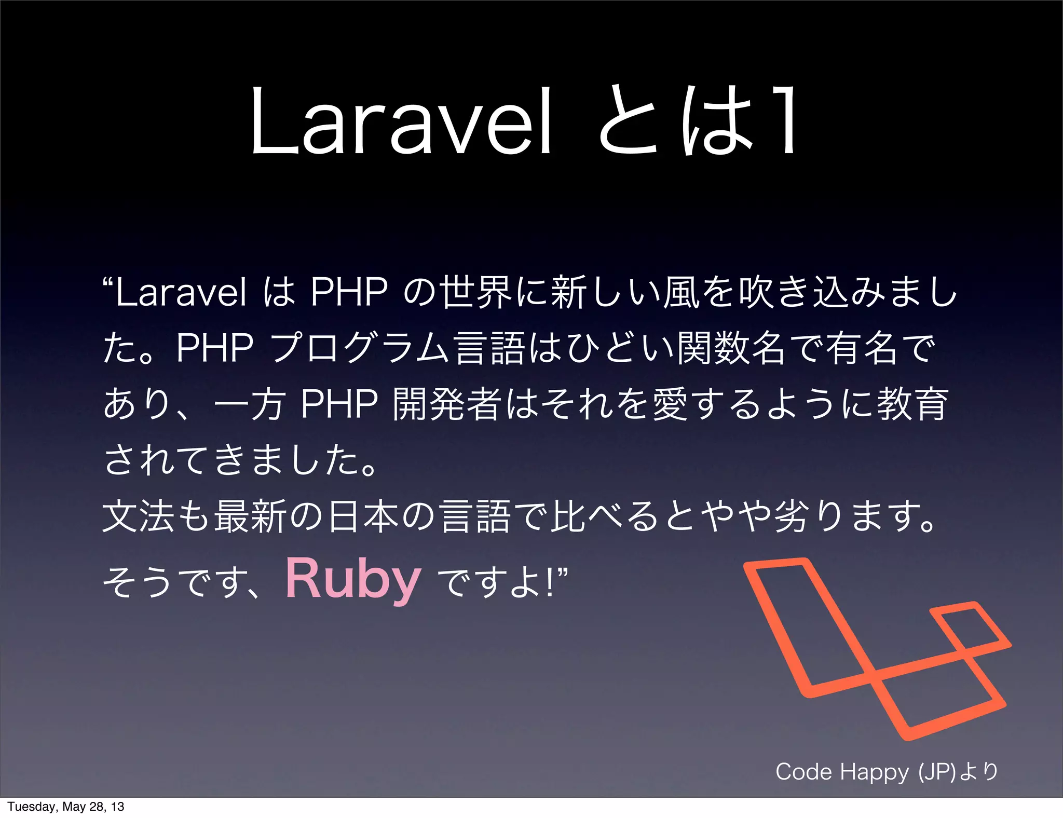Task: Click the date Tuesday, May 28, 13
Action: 66,807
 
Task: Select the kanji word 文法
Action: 138,517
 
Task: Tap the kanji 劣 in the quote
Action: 791,517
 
